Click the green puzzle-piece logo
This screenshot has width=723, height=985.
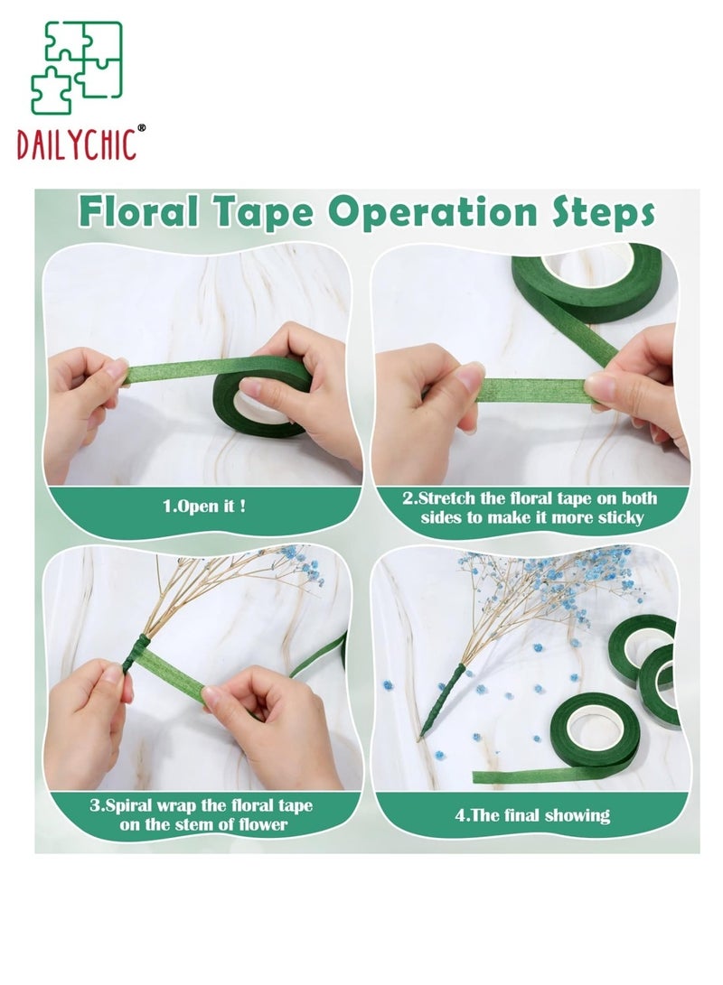(x=77, y=68)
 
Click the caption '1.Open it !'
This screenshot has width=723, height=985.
(x=204, y=506)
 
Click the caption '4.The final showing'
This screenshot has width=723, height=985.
(x=532, y=815)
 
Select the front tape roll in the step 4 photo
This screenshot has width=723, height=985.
(x=594, y=732)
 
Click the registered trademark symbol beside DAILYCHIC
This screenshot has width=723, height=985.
(x=141, y=127)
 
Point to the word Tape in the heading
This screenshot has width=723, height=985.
(x=263, y=213)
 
